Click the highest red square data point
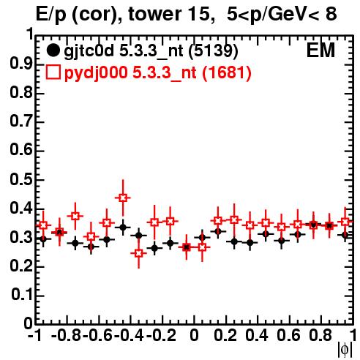(123, 198)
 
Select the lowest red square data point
(139, 253)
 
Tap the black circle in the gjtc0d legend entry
(53, 50)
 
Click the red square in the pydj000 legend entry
(53, 72)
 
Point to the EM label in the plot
(320, 50)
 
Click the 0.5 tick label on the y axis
(21, 179)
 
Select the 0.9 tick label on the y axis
(21, 64)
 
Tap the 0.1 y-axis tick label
(22, 295)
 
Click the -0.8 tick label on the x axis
(67, 335)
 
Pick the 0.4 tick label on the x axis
(256, 335)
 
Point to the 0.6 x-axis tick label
(288, 335)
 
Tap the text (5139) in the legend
(213, 51)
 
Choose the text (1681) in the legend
(227, 73)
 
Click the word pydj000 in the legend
(96, 73)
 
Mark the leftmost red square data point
(43, 225)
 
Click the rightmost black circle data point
(345, 235)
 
